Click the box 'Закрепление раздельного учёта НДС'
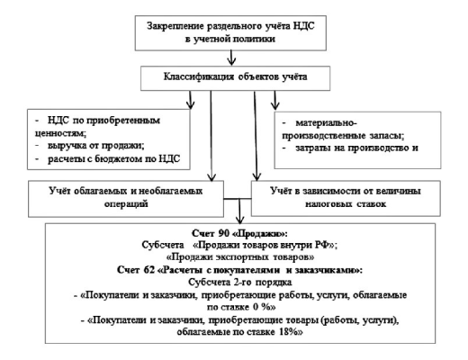230,33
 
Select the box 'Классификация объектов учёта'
235,78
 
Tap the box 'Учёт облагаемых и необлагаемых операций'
126,199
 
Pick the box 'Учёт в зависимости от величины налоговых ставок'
346,198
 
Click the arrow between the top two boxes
231,58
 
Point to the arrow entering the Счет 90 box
239,211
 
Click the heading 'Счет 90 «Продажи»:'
239,233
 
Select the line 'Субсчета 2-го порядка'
240,283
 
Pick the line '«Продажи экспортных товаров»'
240,257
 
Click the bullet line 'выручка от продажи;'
96,146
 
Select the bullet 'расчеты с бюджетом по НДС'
114,158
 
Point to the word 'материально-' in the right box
327,123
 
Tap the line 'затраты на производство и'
356,148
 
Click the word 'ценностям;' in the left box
60,133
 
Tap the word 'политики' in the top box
254,39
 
